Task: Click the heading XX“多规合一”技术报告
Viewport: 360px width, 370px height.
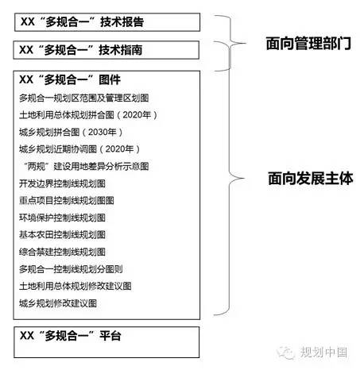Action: [x=82, y=21]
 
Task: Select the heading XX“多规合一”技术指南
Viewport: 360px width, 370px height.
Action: [x=81, y=50]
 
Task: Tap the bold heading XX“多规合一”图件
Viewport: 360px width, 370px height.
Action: [x=70, y=79]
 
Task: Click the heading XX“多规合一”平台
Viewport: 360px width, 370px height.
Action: [x=71, y=336]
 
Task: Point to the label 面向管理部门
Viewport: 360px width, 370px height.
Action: [x=308, y=43]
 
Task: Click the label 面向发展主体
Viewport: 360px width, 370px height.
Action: [x=311, y=178]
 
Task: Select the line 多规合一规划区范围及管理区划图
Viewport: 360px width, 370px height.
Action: [x=84, y=98]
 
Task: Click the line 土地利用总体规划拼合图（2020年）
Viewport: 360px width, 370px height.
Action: [x=88, y=115]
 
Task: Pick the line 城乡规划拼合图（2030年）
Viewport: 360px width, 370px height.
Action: [x=71, y=132]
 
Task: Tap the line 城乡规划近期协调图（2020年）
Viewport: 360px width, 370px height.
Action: [x=79, y=149]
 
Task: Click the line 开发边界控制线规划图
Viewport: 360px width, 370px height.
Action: [x=62, y=183]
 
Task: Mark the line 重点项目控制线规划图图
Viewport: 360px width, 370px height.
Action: [x=67, y=200]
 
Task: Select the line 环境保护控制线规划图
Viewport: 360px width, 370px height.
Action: [x=62, y=218]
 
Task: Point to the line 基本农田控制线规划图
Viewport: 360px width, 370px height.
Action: [x=62, y=234]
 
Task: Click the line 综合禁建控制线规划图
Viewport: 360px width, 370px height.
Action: [x=62, y=252]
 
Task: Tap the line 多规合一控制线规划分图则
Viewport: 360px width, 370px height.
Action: [x=71, y=269]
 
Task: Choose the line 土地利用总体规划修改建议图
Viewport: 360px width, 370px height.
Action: [x=75, y=286]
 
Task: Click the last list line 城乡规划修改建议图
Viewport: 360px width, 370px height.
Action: [x=58, y=303]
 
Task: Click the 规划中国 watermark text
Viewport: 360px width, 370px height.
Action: [x=323, y=353]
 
